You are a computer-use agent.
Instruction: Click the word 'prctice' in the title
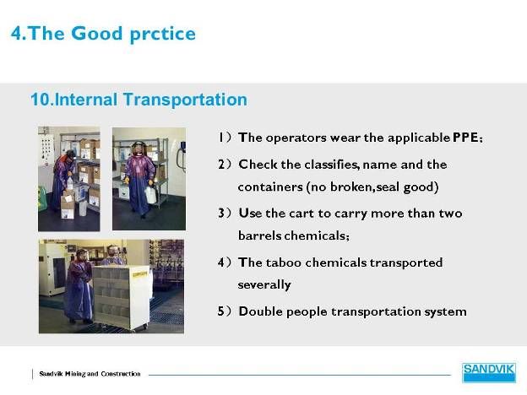pos(162,35)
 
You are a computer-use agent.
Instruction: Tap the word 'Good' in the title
pos(97,33)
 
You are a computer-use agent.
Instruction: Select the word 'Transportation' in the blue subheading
pos(185,100)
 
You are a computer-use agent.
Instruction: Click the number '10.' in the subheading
pos(41,100)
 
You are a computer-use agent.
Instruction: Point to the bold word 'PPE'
pos(465,138)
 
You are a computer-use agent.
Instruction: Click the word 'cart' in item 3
pos(302,214)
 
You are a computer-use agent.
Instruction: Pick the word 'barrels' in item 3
pos(260,235)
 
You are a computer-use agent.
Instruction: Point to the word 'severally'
pos(264,284)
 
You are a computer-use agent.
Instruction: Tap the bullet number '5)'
pos(224,311)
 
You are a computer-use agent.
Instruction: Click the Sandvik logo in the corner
pos(489,372)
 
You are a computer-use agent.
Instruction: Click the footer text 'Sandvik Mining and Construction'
pos(90,374)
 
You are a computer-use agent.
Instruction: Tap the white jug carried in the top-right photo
pos(149,194)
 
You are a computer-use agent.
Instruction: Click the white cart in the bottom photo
pos(122,297)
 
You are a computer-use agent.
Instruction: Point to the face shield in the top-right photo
pos(138,149)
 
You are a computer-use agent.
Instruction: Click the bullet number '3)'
pos(224,214)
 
